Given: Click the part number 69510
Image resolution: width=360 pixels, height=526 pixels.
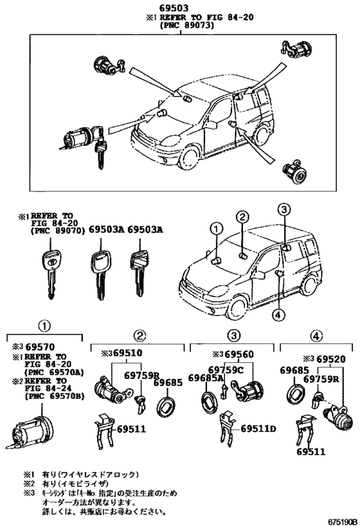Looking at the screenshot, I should click(x=125, y=353).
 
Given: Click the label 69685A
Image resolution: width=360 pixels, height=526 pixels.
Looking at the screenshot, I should click(x=206, y=377).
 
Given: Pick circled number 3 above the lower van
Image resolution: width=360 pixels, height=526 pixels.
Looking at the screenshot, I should click(x=285, y=209).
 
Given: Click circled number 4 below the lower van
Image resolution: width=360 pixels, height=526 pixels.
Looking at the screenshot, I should click(x=277, y=314).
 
